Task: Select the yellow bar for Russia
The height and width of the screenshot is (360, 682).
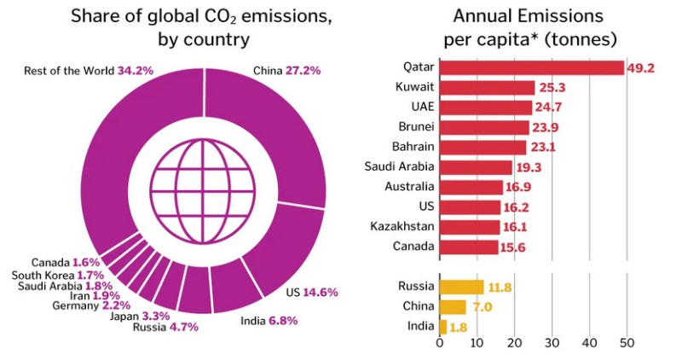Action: click(461, 287)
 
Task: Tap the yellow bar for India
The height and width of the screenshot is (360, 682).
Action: click(442, 327)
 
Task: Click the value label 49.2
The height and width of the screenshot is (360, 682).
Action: click(640, 67)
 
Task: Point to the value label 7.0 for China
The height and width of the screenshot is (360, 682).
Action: click(480, 307)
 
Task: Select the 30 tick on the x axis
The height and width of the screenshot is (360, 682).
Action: click(552, 344)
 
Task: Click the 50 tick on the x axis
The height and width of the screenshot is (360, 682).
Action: click(627, 344)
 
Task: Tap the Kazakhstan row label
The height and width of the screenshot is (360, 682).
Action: click(404, 226)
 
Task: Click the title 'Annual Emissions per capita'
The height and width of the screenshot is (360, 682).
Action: click(529, 27)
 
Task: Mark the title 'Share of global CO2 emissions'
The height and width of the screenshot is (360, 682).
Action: click(202, 27)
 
